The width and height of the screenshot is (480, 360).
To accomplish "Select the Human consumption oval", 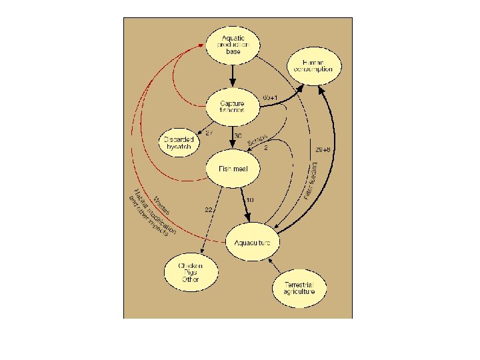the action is point(314,65).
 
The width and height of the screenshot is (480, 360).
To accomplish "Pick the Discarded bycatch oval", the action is point(178,143).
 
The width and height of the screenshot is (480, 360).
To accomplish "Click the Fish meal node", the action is point(233,169).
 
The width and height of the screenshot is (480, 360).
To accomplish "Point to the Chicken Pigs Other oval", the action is point(191,271).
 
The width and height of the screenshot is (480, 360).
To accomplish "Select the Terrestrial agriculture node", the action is point(301,287).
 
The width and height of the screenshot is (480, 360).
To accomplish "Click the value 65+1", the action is point(273,99).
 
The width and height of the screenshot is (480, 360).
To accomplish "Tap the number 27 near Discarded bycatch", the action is point(209,133).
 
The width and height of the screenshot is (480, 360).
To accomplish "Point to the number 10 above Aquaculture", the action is point(249,200).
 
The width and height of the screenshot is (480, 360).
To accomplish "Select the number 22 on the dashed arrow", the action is point(209,210).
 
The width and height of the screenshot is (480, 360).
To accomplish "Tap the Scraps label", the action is point(257,142).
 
